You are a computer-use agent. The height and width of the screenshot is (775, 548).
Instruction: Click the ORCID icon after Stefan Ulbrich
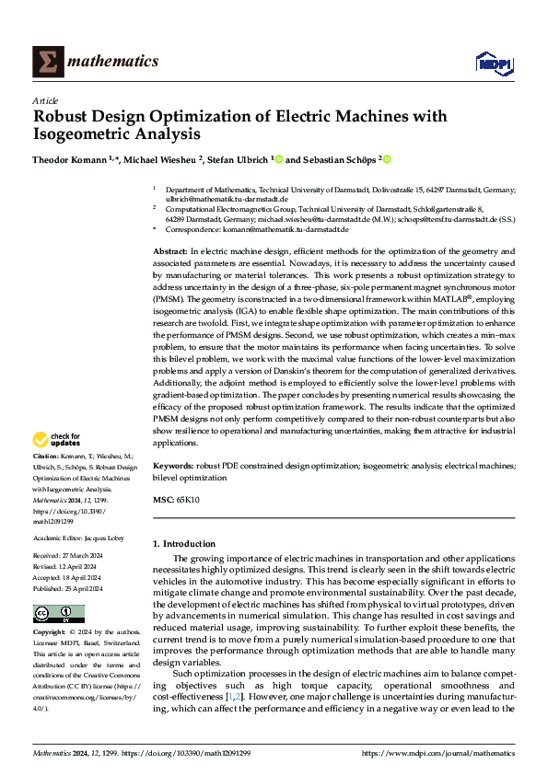[278, 159]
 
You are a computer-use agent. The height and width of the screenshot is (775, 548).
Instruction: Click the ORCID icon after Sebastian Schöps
[388, 159]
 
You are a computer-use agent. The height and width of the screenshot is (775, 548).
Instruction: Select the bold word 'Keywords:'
[174, 467]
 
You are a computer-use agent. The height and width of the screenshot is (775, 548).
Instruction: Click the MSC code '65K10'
[188, 500]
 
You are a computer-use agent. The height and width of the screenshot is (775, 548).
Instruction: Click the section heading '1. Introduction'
[184, 544]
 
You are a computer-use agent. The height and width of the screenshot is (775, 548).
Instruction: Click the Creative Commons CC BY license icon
[53, 615]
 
